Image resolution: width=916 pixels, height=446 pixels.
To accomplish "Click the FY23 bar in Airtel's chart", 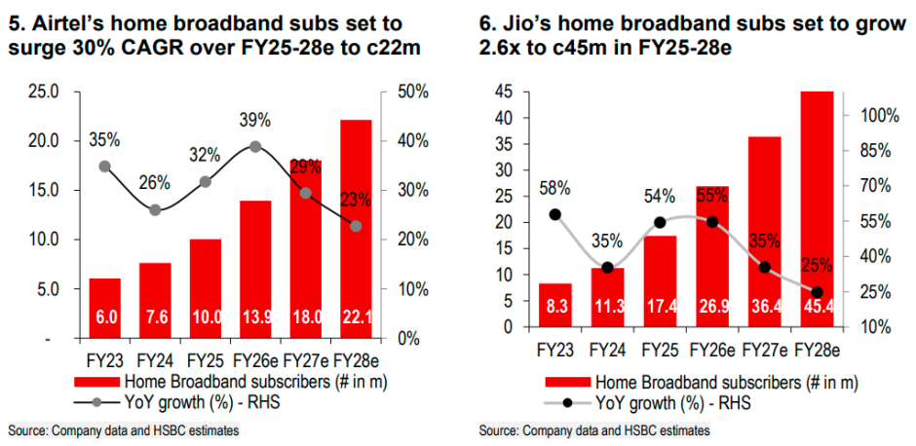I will point(104,308).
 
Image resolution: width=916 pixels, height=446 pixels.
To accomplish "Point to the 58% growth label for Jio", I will point(554,188).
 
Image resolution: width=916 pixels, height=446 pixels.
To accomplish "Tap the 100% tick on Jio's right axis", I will point(865,116).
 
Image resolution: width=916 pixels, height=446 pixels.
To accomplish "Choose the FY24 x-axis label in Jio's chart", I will point(607,348).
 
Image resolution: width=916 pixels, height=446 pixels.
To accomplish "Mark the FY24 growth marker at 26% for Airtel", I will point(155,209).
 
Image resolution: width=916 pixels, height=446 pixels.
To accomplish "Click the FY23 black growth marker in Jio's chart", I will point(554,214).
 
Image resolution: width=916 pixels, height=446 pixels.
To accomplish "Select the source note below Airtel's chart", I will point(123,430).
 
